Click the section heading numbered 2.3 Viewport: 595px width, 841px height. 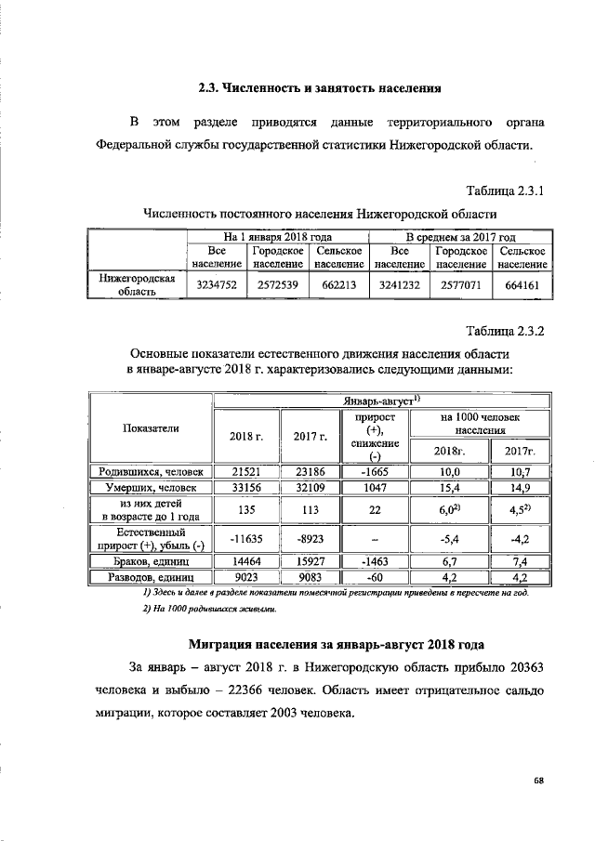[319, 89]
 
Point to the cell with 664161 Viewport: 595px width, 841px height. [522, 286]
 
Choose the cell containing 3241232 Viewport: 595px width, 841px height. [400, 286]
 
